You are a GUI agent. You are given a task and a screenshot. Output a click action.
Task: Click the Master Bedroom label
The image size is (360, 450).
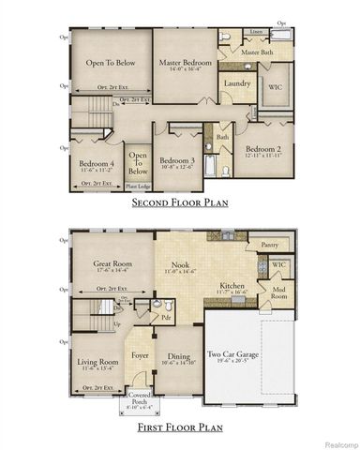click(x=185, y=63)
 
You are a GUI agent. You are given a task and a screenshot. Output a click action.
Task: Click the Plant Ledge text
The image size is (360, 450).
click(x=137, y=187)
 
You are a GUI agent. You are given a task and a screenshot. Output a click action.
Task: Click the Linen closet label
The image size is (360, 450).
click(x=257, y=31)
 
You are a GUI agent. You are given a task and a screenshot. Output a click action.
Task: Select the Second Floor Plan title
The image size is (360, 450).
click(x=180, y=202)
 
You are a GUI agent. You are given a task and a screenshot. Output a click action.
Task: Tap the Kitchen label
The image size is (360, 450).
click(x=232, y=286)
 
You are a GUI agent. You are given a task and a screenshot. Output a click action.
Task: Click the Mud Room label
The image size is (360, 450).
click(x=278, y=292)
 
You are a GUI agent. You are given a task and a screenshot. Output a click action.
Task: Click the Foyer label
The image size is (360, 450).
click(x=141, y=354)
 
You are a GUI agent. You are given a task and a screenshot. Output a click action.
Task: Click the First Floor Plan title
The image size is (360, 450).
click(x=180, y=427)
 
